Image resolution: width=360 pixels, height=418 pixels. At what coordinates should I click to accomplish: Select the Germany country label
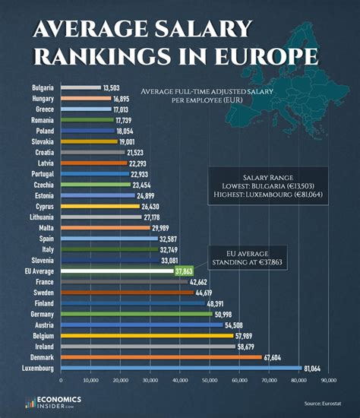point(42,313)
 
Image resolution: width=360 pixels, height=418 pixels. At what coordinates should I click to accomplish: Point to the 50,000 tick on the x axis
point(209,379)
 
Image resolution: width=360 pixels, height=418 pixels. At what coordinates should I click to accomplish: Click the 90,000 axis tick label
point(327,379)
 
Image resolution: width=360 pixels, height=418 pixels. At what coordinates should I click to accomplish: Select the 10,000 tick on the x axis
point(90,379)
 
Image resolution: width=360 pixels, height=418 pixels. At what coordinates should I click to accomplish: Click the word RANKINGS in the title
point(110,56)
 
